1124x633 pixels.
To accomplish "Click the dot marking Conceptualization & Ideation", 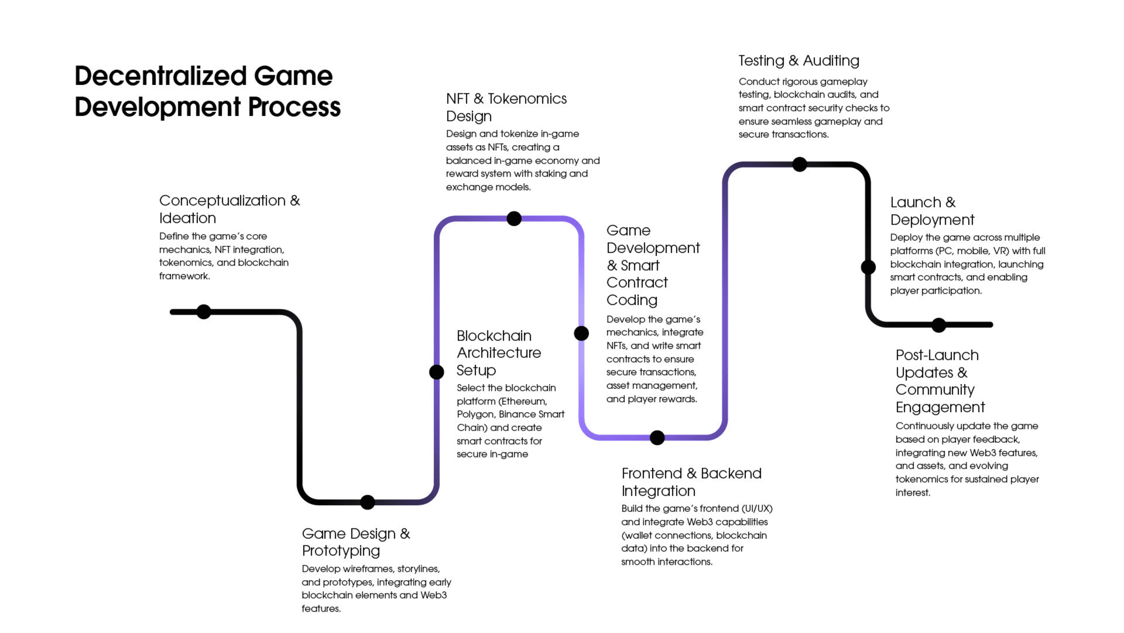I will point(204,312).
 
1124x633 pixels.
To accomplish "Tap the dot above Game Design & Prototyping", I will point(367,502).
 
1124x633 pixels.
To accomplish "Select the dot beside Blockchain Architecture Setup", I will point(436,372).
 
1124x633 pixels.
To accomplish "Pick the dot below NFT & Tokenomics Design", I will point(514,218).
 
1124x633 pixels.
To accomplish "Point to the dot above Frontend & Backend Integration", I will point(657,437).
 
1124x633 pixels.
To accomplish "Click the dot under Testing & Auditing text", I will point(799,164).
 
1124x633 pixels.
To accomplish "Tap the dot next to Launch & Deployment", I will point(868,267).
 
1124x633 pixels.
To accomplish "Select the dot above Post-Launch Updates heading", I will point(938,325).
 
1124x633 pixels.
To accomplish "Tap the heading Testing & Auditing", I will point(799,61).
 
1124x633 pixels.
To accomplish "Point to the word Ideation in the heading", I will point(188,218).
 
